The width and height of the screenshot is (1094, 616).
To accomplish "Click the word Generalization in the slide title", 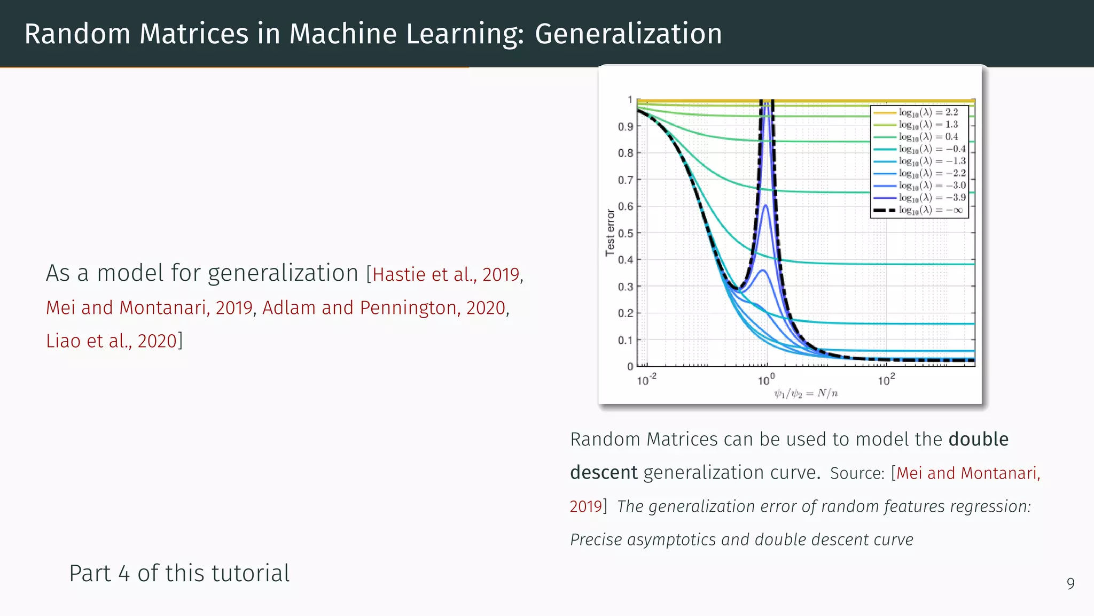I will (628, 34).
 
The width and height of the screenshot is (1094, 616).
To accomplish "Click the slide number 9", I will (1070, 583).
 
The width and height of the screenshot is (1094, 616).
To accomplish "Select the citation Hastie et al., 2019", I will (446, 274).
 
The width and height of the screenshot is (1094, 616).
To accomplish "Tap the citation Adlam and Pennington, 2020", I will (384, 308).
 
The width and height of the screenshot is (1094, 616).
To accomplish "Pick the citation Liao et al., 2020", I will (111, 341).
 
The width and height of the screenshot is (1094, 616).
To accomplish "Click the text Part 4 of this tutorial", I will (179, 573).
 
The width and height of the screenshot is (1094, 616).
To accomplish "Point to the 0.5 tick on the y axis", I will (625, 234).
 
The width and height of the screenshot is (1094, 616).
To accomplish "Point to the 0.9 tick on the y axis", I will (625, 127).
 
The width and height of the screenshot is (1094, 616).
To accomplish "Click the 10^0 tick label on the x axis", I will (766, 380).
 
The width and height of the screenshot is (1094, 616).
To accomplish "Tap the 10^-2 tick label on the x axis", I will (646, 380).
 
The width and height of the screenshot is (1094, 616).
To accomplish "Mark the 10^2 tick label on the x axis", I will (886, 380).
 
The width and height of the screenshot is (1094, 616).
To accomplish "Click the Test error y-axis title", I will (610, 233).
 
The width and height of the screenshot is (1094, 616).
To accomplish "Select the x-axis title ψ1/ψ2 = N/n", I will (806, 394).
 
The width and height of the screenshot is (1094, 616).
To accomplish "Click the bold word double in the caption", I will (978, 440).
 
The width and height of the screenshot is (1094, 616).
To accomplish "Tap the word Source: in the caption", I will (857, 473).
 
